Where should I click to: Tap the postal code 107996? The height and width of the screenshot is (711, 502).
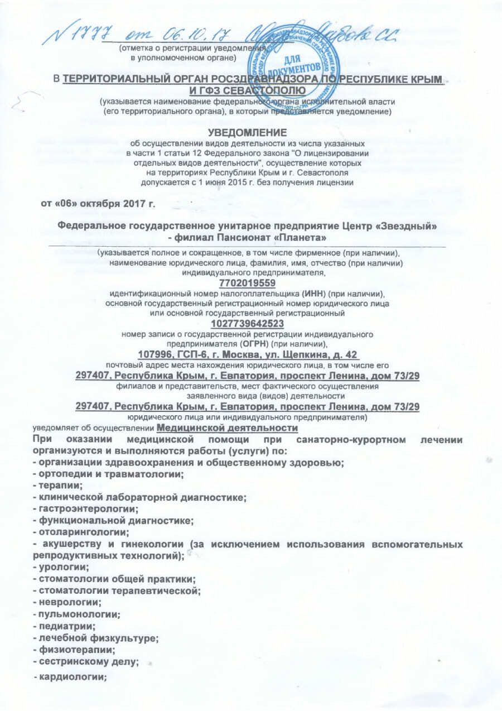click(x=154, y=354)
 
